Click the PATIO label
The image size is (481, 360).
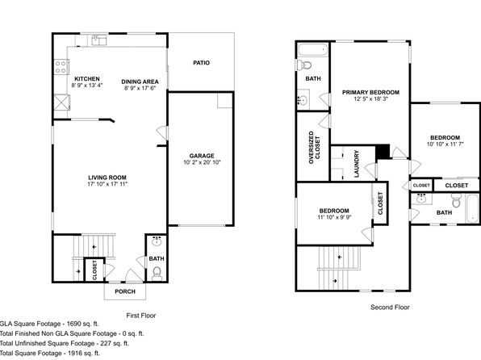201,63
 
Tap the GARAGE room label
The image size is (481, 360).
202,156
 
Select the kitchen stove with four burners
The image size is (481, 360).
61,67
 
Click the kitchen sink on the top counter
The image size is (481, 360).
98,40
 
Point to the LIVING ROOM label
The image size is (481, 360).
107,178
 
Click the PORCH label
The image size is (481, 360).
125,291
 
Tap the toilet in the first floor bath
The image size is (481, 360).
157,274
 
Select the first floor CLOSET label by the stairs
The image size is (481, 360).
94,270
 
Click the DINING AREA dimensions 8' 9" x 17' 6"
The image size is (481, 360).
140,88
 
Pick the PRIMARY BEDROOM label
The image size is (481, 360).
370,92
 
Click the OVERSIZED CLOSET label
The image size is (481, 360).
314,148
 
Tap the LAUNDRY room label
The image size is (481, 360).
357,164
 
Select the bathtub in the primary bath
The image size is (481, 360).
313,50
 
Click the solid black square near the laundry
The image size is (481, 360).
383,152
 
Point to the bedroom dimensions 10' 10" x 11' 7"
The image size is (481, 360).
445,144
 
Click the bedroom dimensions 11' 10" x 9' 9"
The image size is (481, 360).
334,217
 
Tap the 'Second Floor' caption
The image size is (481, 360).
390,308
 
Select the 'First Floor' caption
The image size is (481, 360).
141,316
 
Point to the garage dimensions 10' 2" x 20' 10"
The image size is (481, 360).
202,163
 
